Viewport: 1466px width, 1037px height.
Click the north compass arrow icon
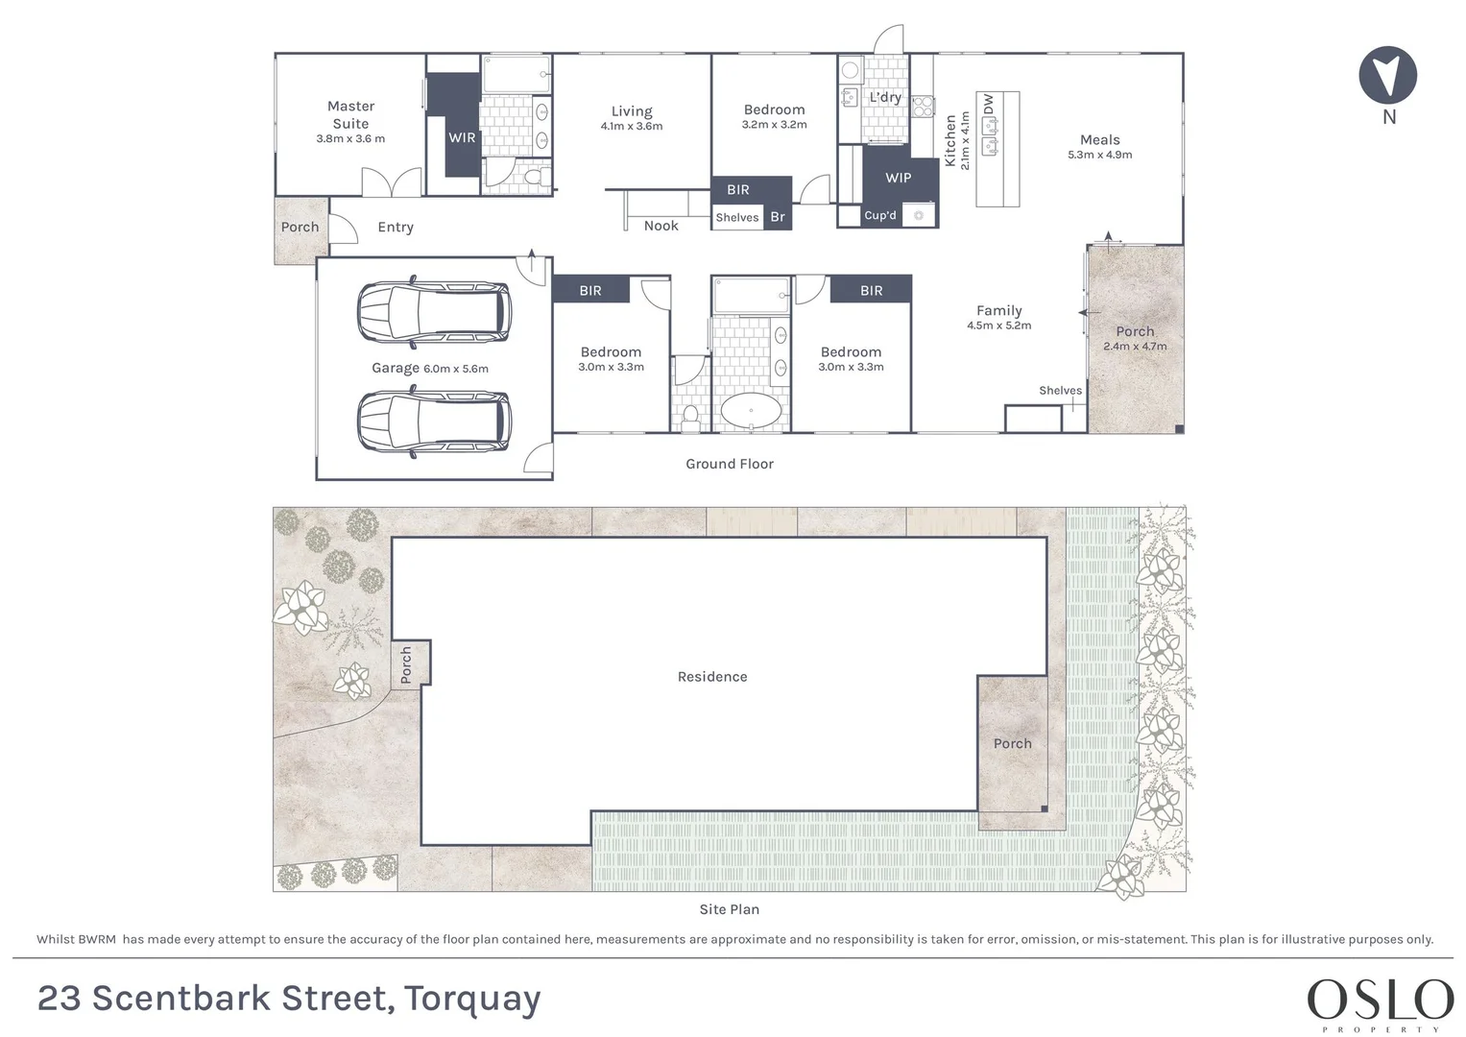coord(1388,75)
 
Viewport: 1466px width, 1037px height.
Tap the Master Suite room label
coord(350,114)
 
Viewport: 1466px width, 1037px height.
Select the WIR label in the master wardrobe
coord(462,137)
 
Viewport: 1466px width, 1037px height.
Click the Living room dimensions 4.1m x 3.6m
coord(632,127)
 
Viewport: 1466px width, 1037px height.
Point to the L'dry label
coord(885,97)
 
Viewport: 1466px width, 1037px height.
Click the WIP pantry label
coord(898,178)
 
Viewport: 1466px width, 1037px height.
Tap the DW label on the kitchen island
coord(988,104)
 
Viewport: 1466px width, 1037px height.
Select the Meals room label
coord(1099,139)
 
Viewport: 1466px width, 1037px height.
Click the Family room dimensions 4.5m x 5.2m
coord(998,326)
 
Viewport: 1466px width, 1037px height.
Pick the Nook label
coord(661,226)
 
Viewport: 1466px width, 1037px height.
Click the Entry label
coord(396,228)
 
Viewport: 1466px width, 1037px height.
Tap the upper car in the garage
coord(434,312)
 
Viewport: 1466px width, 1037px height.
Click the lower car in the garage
coord(434,422)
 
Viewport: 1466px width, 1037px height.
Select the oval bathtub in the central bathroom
coord(751,411)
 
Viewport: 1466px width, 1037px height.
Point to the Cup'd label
coord(880,215)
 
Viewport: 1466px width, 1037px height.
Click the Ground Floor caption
coord(729,464)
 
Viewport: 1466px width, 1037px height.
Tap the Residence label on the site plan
coord(712,676)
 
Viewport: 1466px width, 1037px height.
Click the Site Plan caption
coord(729,908)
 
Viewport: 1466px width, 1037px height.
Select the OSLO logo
coord(1380,1001)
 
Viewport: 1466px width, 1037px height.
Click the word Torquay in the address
coord(472,1000)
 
